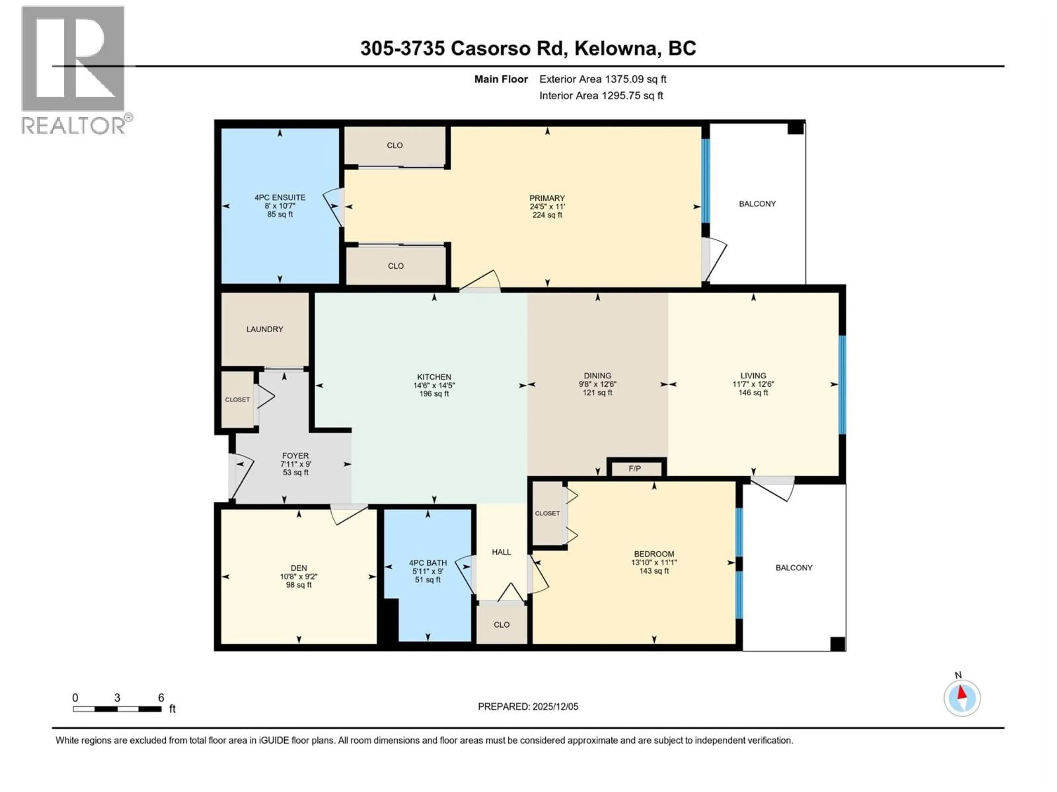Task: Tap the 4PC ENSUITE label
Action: pos(280,197)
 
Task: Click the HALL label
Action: pos(501,552)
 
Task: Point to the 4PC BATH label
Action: pos(428,563)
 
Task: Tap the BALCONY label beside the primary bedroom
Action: pos(757,204)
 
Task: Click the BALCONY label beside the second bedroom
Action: pos(794,568)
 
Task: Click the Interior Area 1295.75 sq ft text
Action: pos(601,95)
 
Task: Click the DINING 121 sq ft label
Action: pos(597,392)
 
